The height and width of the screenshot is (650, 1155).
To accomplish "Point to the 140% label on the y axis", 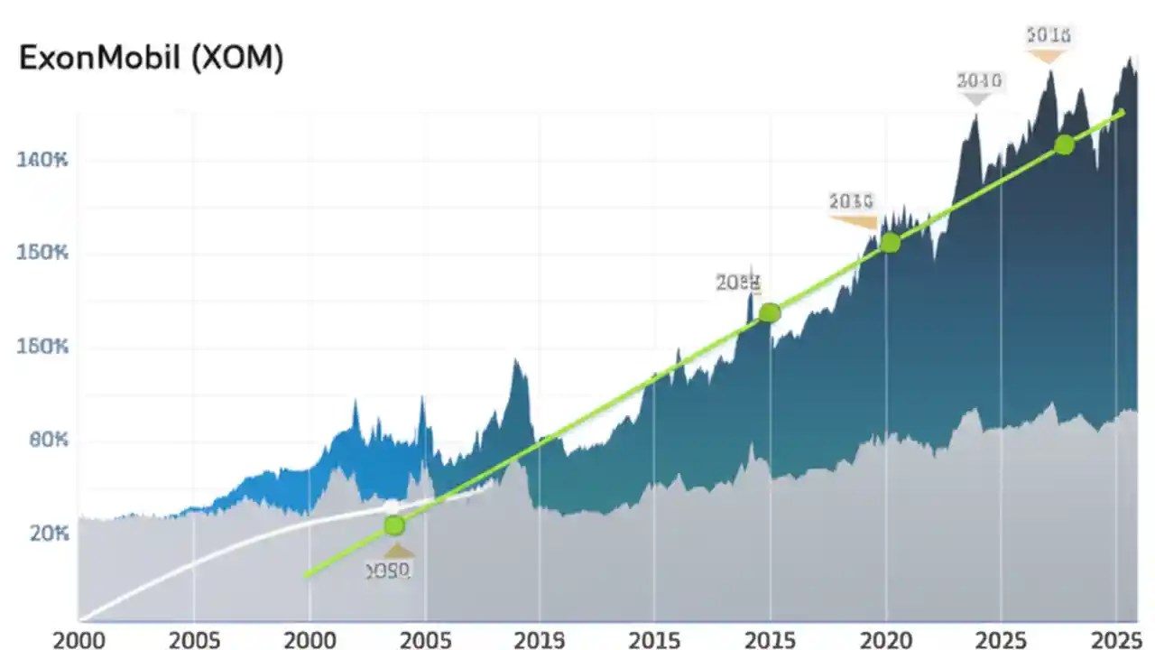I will click(x=42, y=161).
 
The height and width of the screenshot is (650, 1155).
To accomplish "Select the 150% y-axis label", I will click(x=42, y=253).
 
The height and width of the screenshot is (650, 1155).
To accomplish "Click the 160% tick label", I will click(x=42, y=347).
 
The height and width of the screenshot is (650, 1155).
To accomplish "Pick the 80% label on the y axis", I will click(x=42, y=441).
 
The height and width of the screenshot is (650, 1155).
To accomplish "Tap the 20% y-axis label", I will click(x=42, y=534).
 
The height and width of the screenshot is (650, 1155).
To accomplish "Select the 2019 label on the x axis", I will click(x=540, y=639).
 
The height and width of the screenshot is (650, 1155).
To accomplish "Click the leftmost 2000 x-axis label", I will click(x=79, y=639).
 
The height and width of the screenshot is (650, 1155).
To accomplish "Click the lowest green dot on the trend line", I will click(x=393, y=525).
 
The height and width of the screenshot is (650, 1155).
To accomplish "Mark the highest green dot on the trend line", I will click(x=1064, y=144).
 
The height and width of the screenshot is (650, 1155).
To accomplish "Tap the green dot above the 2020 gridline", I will click(x=890, y=242).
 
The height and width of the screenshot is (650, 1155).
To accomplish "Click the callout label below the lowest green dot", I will click(x=389, y=571).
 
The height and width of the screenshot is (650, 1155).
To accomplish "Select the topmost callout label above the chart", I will click(x=1048, y=35).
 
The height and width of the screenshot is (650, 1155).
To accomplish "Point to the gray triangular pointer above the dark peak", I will click(x=975, y=98).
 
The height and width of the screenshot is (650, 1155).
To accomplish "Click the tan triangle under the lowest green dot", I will click(x=398, y=550).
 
